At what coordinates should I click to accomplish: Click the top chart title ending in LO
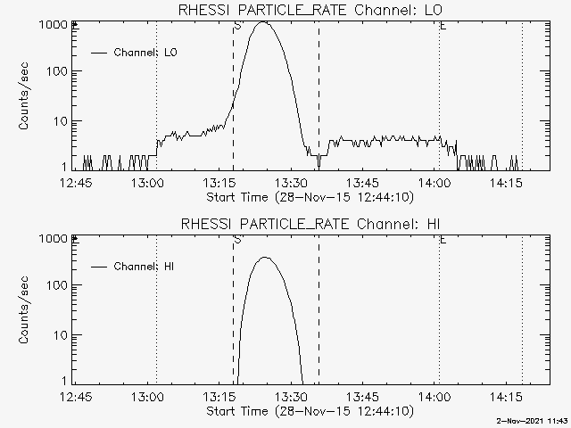pyautogui.click(x=309, y=10)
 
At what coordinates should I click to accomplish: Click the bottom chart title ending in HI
pyautogui.click(x=309, y=224)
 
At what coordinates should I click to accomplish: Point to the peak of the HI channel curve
pyautogui.click(x=264, y=258)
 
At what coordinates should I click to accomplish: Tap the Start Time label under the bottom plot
pyautogui.click(x=309, y=411)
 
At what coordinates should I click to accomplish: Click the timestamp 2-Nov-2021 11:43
pyautogui.click(x=533, y=421)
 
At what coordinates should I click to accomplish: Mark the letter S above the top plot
pyautogui.click(x=237, y=26)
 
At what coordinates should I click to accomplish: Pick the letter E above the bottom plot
pyautogui.click(x=443, y=240)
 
